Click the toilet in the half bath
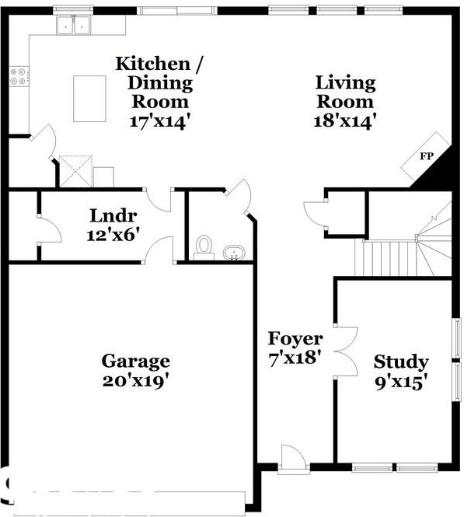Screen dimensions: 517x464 204,246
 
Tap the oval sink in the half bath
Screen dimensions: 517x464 233,253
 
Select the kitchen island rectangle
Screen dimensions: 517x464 89,98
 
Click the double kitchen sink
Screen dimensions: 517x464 73,26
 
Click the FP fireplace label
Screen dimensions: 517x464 426,156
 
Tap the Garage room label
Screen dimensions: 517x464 135,362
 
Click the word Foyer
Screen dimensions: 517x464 295,339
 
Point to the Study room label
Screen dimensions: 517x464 400,362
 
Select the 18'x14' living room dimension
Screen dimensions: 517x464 345,121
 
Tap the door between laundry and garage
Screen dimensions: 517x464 162,250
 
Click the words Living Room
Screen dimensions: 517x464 345,92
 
